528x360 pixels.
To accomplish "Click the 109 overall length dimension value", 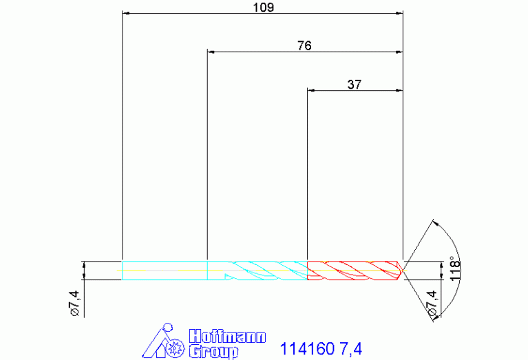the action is [264, 7].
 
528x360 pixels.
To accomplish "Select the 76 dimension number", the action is [304, 45].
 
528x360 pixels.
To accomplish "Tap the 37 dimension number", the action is [355, 84].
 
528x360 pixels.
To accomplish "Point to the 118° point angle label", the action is [455, 268].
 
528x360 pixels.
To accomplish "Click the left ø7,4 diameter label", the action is [74, 303].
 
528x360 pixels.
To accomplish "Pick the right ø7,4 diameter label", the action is [432, 303].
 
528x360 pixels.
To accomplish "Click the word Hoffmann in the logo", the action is [227, 337].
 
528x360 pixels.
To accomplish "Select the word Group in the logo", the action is [213, 351].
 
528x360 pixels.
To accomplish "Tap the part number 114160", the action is [307, 348].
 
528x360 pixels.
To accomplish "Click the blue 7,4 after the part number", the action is [351, 349].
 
